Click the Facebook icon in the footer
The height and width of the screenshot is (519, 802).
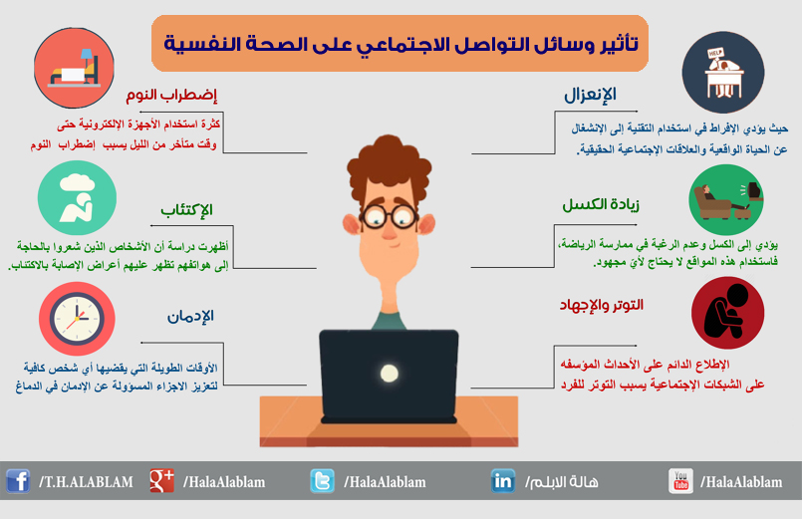[18, 481]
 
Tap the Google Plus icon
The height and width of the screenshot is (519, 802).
[161, 481]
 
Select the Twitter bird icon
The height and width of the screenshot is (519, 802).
[322, 481]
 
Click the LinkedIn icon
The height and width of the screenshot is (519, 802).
[503, 481]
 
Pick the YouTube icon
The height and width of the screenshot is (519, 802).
[680, 481]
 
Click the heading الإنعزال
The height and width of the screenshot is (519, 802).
[590, 95]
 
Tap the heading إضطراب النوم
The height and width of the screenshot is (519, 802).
[171, 95]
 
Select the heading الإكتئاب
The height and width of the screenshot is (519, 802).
[186, 209]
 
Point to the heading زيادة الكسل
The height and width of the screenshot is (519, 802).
[601, 204]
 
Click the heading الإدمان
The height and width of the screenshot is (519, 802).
[190, 316]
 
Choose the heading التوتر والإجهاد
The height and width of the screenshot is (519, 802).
[602, 305]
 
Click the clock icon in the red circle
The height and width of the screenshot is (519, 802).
[77, 319]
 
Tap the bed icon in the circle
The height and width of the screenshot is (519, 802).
[74, 68]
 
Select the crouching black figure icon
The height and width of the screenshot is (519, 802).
[728, 313]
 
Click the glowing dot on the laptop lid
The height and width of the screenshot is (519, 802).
[390, 374]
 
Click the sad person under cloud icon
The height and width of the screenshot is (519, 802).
[77, 198]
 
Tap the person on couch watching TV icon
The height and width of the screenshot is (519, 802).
[726, 200]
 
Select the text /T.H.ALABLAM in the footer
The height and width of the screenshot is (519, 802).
[86, 482]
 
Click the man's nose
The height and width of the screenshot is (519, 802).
[390, 231]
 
